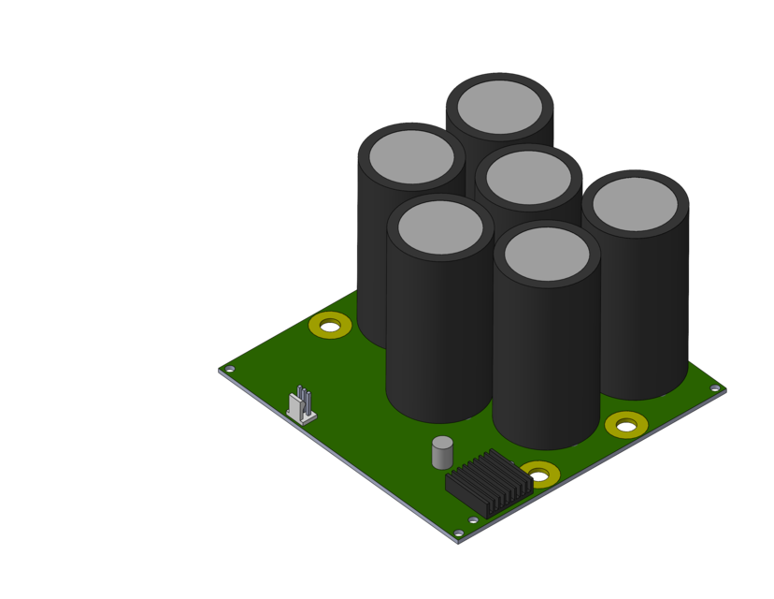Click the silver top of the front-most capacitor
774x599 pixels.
[547, 254]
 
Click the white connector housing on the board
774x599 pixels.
[301, 410]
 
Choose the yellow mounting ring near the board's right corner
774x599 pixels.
[626, 425]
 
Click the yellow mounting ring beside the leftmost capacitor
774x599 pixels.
[330, 326]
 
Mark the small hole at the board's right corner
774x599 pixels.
[715, 388]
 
